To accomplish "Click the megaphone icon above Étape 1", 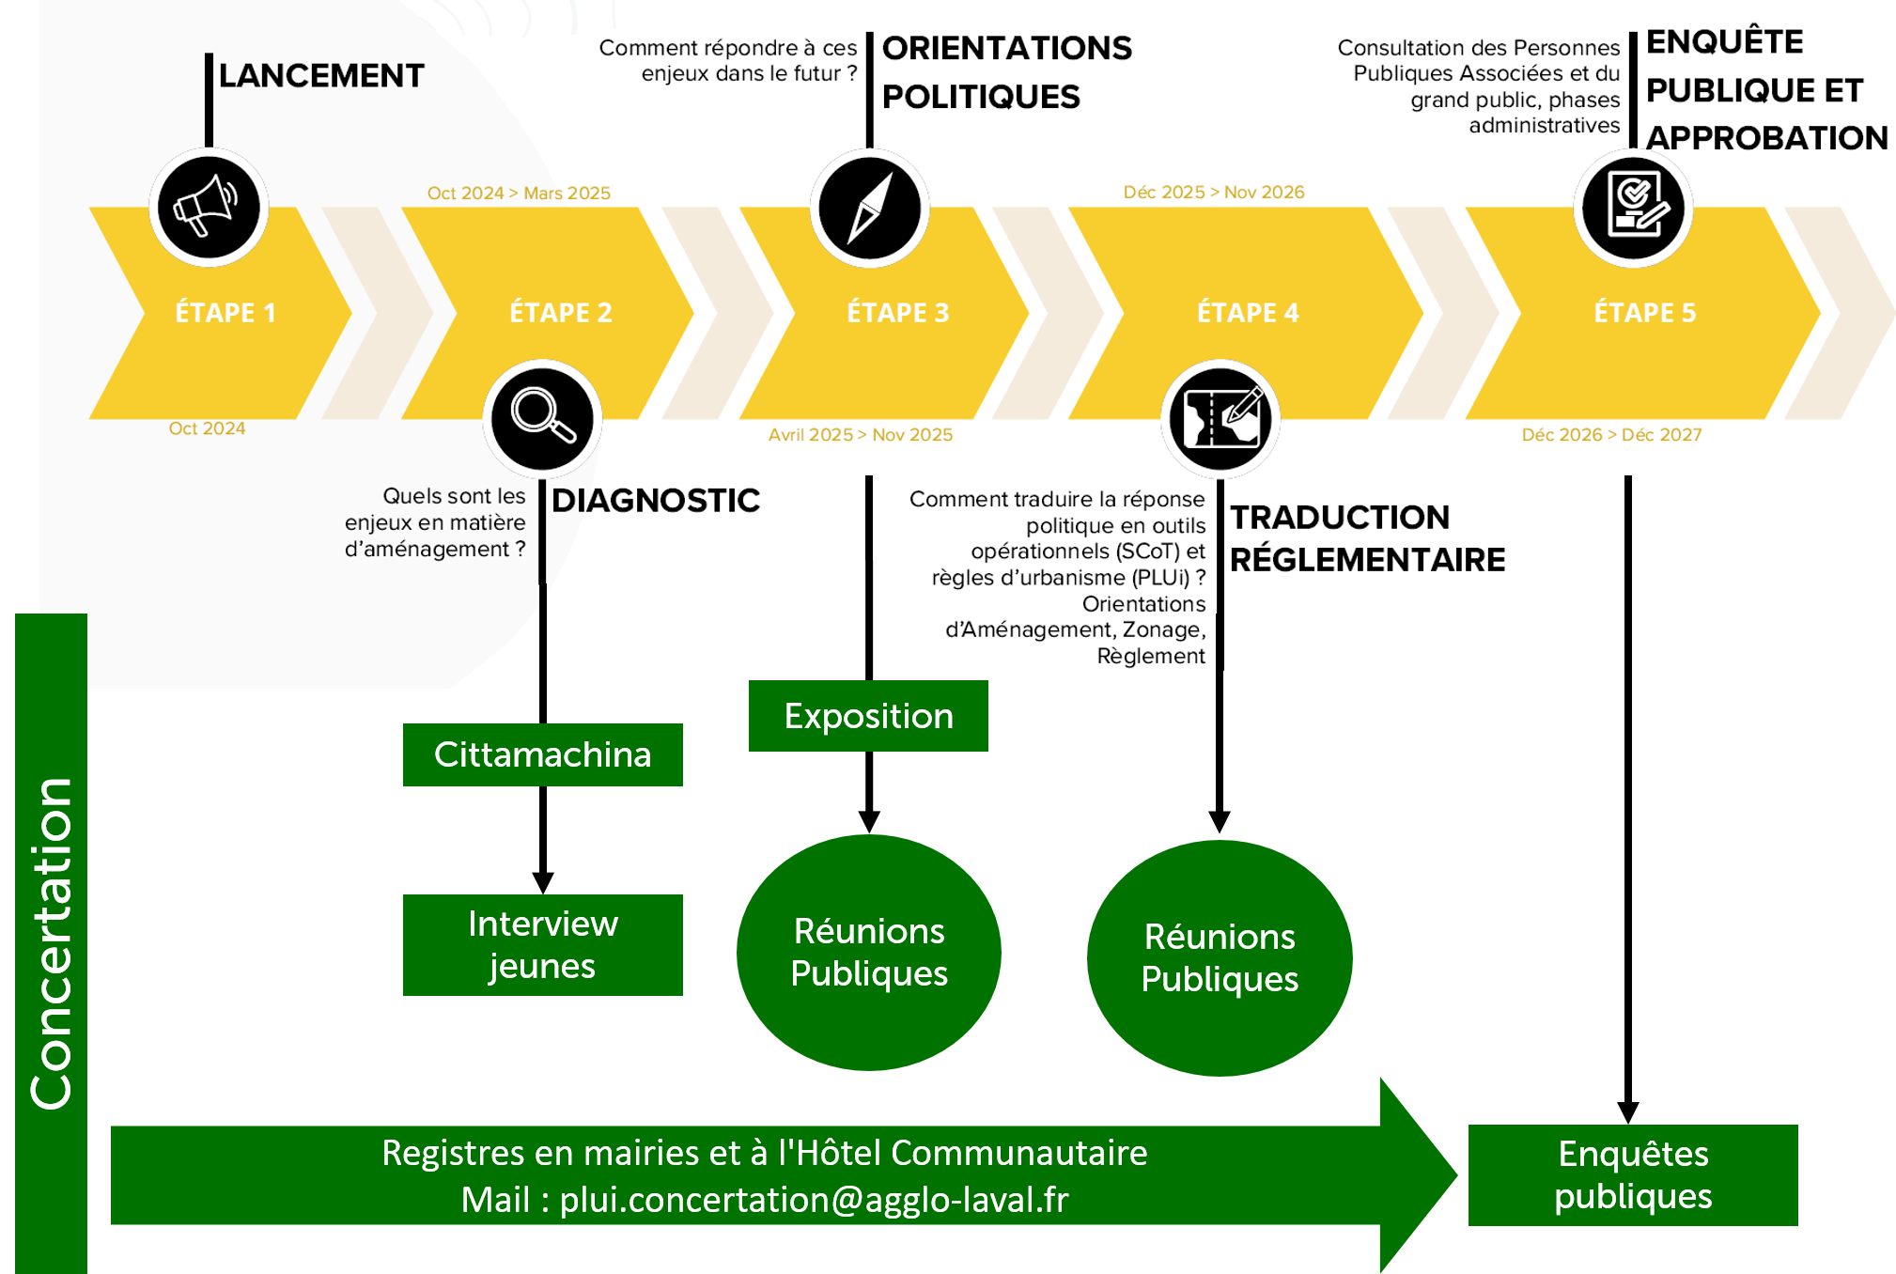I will click(x=209, y=207).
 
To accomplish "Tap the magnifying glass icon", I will click(x=542, y=417).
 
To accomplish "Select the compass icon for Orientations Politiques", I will click(x=869, y=208).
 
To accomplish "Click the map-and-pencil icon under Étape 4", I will click(x=1220, y=418).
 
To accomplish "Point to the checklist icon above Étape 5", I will click(x=1633, y=207).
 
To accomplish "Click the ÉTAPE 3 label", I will click(x=897, y=313).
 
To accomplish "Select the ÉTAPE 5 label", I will click(x=1644, y=313).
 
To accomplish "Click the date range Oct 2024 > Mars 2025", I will click(x=519, y=193).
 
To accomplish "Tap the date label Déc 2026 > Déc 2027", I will click(x=1611, y=435).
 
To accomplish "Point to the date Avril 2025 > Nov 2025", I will click(x=860, y=435).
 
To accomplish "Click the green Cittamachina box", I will click(x=542, y=754).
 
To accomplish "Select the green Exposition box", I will click(x=868, y=716).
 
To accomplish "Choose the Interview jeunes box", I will click(x=542, y=944).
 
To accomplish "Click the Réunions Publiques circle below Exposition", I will click(x=868, y=952).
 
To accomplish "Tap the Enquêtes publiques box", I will click(x=1632, y=1174).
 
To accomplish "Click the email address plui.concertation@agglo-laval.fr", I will click(x=814, y=1200).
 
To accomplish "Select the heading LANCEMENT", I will click(x=320, y=76).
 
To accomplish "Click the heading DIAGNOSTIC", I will click(x=655, y=501).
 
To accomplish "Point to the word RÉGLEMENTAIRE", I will click(x=1367, y=560).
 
